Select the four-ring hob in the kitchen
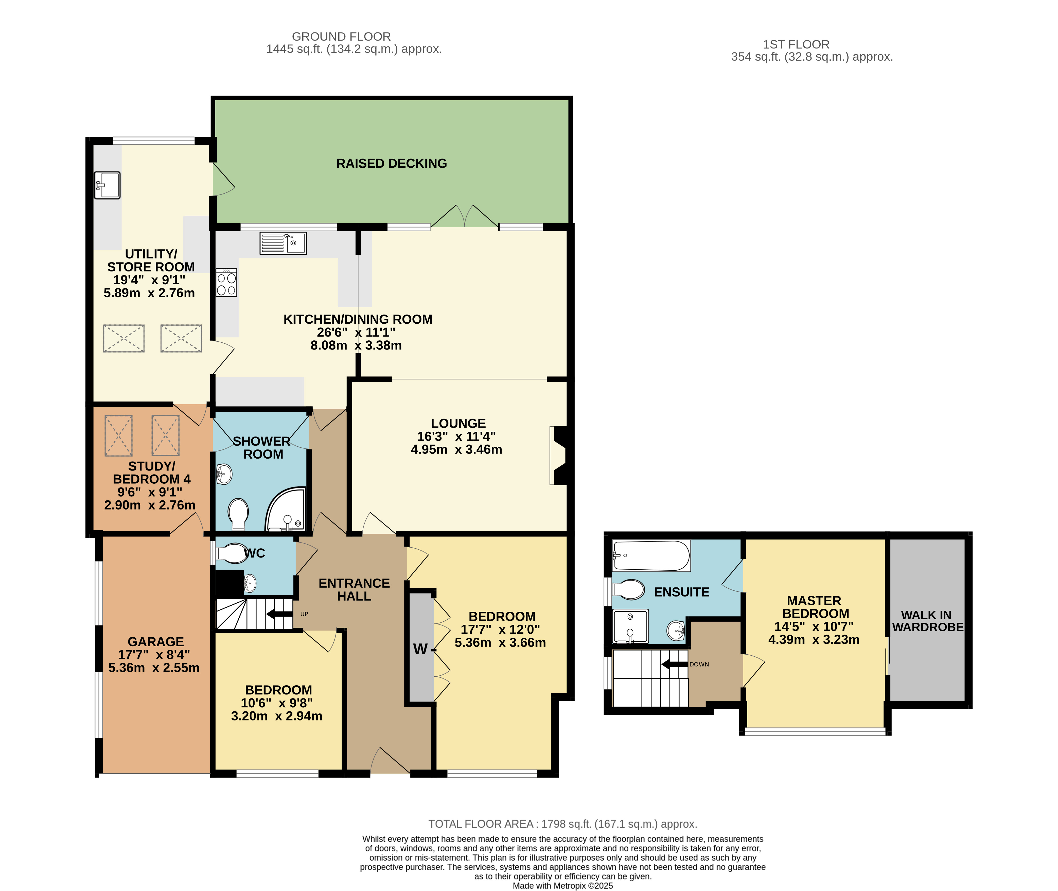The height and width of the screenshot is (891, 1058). [x=226, y=282]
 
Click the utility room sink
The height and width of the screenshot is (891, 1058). [x=107, y=185]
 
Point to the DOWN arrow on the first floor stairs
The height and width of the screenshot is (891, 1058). [x=675, y=664]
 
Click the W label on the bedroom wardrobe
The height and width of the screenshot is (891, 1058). [x=420, y=649]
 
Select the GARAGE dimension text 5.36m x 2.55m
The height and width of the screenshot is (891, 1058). [x=154, y=668]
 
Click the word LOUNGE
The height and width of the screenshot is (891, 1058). [x=458, y=423]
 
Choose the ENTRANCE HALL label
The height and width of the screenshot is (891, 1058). [x=354, y=589]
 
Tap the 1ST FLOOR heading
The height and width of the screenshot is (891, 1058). [x=796, y=44]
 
